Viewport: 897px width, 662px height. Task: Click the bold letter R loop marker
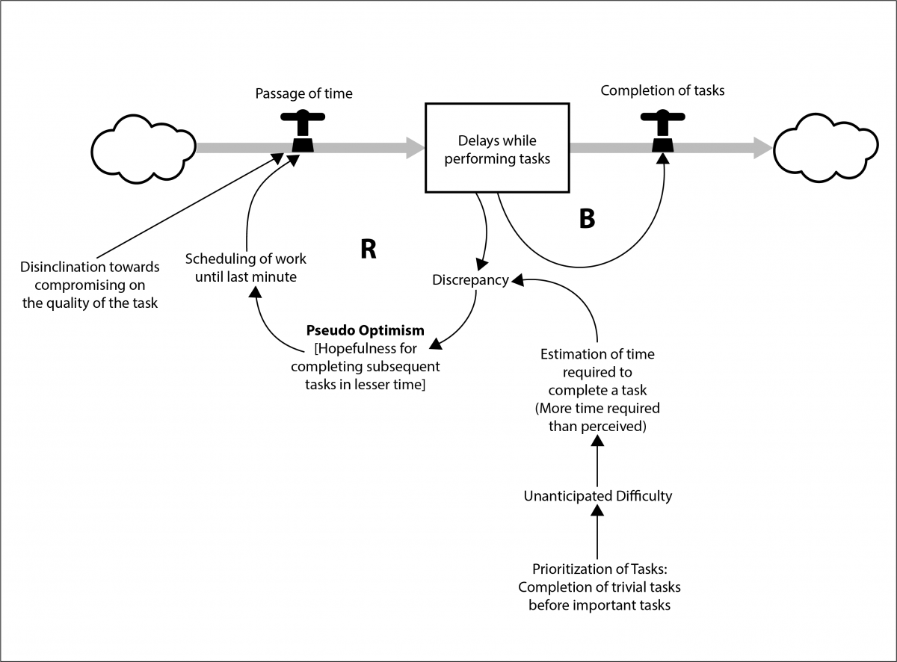367,250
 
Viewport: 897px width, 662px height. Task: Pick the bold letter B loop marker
587,220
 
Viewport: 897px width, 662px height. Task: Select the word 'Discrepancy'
470,280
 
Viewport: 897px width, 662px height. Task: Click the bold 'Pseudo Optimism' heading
365,330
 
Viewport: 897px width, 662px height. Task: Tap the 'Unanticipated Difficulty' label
597,495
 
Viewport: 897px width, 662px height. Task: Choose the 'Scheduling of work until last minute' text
246,267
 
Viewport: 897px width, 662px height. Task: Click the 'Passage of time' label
303,93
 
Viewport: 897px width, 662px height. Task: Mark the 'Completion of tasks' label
662,90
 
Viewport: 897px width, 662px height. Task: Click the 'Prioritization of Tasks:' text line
599,569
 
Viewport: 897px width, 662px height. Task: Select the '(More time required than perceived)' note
597,418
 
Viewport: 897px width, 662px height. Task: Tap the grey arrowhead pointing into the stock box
413,148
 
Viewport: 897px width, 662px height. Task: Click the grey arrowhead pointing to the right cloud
761,148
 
